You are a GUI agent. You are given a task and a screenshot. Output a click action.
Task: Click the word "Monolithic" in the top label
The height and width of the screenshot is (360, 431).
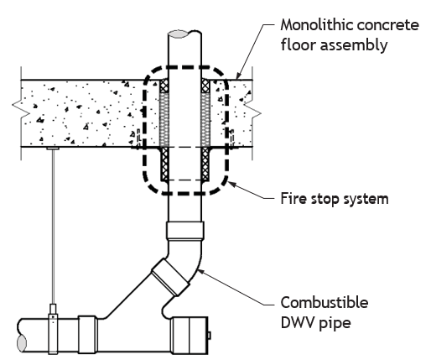317,25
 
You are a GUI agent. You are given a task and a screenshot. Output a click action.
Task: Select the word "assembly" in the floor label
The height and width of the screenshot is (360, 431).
354,45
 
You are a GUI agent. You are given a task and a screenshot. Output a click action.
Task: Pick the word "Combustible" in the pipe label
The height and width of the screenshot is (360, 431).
325,302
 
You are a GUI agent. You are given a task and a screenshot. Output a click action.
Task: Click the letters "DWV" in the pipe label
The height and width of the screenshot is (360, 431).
297,322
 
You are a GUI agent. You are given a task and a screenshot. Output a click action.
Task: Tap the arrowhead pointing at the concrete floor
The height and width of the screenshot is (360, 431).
238,76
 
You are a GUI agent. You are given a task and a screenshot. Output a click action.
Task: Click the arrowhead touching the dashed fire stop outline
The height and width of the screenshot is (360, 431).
232,185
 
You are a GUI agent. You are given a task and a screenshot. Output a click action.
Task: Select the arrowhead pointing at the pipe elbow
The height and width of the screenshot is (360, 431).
201,272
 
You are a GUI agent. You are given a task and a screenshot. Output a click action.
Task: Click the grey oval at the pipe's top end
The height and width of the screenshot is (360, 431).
179,34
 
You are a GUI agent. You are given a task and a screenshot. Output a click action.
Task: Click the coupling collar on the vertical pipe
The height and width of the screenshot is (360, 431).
185,230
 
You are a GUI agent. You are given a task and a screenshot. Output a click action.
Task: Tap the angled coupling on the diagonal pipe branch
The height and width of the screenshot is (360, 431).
170,277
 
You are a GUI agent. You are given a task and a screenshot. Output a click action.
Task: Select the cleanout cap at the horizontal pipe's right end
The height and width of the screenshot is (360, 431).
190,335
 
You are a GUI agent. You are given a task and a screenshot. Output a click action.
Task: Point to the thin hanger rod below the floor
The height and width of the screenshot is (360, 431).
53,227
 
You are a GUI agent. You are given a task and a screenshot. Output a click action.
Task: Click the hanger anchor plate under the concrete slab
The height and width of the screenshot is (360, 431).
53,148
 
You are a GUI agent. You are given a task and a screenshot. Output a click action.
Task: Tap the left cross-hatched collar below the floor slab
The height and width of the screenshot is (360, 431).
165,164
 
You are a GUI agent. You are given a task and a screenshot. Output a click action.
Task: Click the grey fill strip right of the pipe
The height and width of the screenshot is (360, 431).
205,119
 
